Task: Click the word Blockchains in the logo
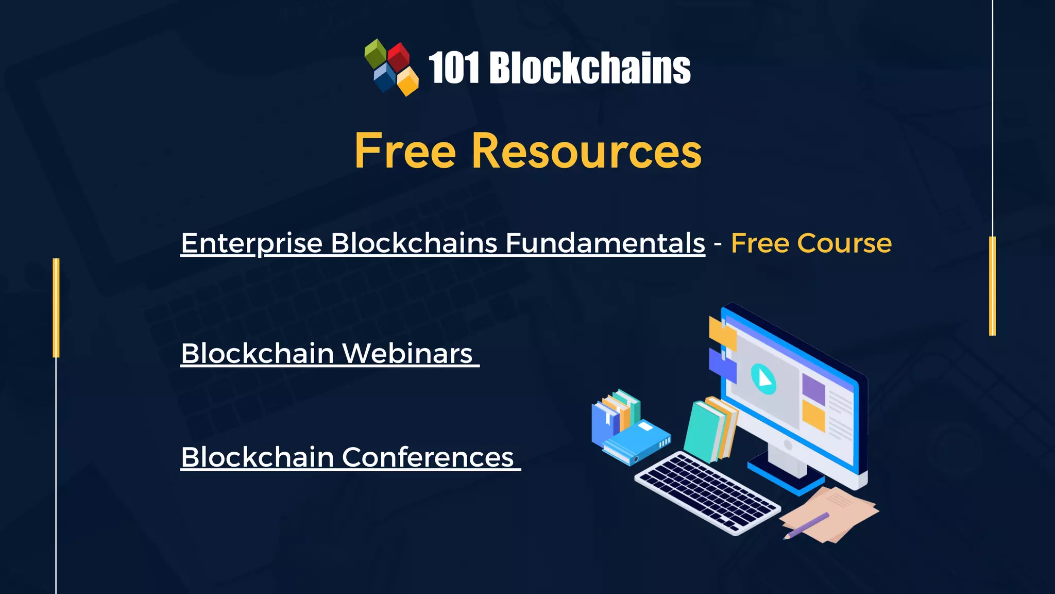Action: tap(590, 68)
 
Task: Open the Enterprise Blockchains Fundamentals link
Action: tap(443, 243)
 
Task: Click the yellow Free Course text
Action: tap(811, 243)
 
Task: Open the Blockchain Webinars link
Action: tap(327, 354)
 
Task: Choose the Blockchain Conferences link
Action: tap(348, 457)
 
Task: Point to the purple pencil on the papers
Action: tap(806, 525)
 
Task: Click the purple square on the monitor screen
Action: tap(813, 389)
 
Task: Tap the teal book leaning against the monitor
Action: tap(703, 431)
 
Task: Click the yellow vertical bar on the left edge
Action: tap(56, 308)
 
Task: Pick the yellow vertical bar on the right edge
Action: tap(992, 286)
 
